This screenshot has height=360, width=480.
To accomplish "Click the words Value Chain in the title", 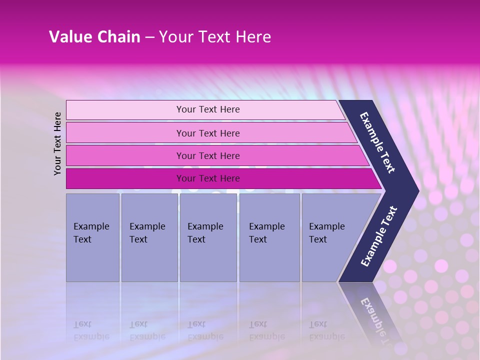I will coord(94,37).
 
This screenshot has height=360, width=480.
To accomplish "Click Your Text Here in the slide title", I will coord(215,37).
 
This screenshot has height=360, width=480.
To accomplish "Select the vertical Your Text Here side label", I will coord(57,143).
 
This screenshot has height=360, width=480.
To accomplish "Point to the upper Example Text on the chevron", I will coord(377,143).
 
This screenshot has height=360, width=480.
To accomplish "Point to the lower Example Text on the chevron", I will coord(379,236).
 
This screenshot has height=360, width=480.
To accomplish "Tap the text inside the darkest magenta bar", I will coord(208,178).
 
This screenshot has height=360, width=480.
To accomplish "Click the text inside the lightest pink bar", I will coord(208,109).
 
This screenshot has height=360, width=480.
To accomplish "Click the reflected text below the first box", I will coord(91,330).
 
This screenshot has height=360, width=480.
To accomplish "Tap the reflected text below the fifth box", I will coord(326,330).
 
